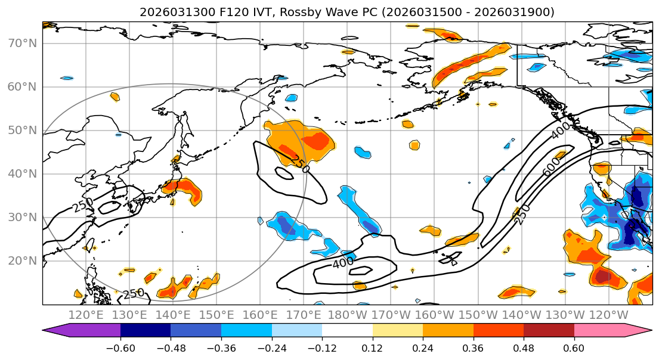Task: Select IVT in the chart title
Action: [264, 12]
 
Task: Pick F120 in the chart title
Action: [234, 12]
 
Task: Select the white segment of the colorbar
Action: [347, 331]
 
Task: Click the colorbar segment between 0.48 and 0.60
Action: [549, 331]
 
